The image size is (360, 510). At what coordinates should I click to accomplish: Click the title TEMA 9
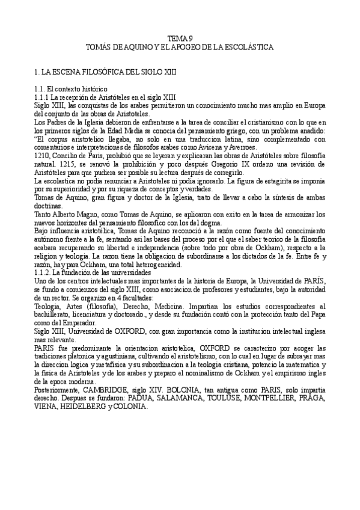point(180,37)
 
